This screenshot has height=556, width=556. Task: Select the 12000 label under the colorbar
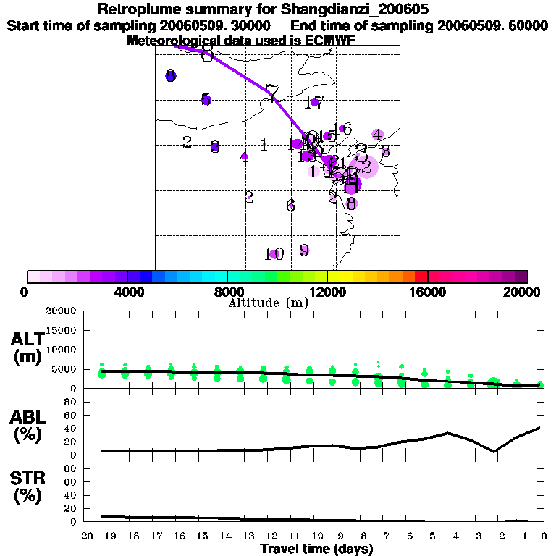[x=328, y=292]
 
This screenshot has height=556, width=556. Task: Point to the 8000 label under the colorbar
[x=227, y=292]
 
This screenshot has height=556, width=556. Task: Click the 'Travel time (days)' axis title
[x=316, y=549]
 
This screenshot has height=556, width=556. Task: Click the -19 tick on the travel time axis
[x=108, y=536]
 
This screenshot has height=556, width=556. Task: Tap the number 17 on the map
[x=314, y=102]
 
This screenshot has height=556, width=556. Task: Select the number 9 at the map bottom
[x=304, y=250]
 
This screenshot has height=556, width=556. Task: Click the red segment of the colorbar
[x=421, y=277]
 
